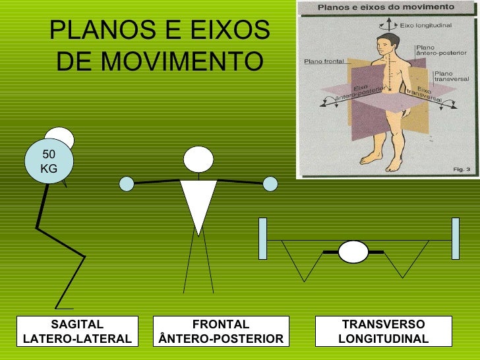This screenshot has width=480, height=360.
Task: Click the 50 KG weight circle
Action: click(x=49, y=162)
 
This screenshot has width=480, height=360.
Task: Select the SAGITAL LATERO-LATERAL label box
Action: click(x=77, y=332)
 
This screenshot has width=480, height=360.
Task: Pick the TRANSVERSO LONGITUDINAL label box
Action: click(x=383, y=332)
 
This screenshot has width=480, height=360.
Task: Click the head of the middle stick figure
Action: click(x=198, y=159)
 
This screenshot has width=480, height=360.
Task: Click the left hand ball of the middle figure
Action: click(x=126, y=183)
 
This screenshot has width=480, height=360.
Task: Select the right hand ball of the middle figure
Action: click(x=270, y=183)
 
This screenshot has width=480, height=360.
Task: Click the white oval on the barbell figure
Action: click(x=353, y=253)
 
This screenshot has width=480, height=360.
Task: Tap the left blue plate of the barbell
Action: click(x=262, y=238)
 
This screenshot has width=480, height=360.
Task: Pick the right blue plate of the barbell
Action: click(x=455, y=238)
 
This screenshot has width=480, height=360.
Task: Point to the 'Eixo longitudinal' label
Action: click(x=426, y=24)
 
